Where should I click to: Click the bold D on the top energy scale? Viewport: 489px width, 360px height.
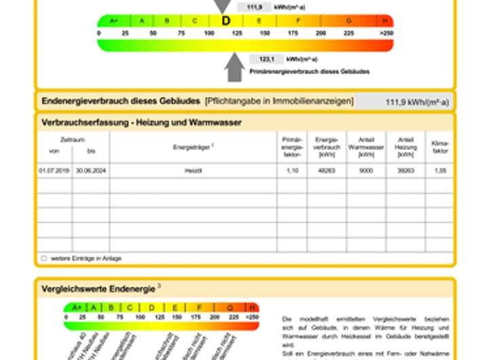pyautogui.click(x=226, y=21)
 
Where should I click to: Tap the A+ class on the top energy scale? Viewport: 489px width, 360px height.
pyautogui.click(x=113, y=21)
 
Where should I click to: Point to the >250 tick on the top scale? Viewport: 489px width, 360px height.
pyautogui.click(x=386, y=33)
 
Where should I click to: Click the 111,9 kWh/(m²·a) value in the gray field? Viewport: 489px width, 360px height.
pyautogui.click(x=417, y=102)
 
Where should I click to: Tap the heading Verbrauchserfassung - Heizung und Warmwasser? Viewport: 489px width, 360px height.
pyautogui.click(x=142, y=122)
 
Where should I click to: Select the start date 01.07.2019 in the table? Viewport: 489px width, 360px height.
pyautogui.click(x=54, y=170)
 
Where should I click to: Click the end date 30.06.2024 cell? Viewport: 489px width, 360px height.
pyautogui.click(x=91, y=170)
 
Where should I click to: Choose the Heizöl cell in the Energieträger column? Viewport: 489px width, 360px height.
pyautogui.click(x=194, y=170)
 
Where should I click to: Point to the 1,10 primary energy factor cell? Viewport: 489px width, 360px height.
pyautogui.click(x=293, y=170)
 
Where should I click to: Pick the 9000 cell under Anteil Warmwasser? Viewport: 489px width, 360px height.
pyautogui.click(x=366, y=170)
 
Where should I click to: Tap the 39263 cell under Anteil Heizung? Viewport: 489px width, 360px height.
pyautogui.click(x=405, y=170)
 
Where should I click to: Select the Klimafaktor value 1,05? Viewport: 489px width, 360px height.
pyautogui.click(x=440, y=170)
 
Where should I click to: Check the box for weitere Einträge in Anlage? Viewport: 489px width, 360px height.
pyautogui.click(x=44, y=259)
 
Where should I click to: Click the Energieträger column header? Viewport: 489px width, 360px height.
pyautogui.click(x=194, y=146)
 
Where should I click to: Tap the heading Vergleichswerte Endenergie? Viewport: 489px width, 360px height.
pyautogui.click(x=98, y=289)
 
